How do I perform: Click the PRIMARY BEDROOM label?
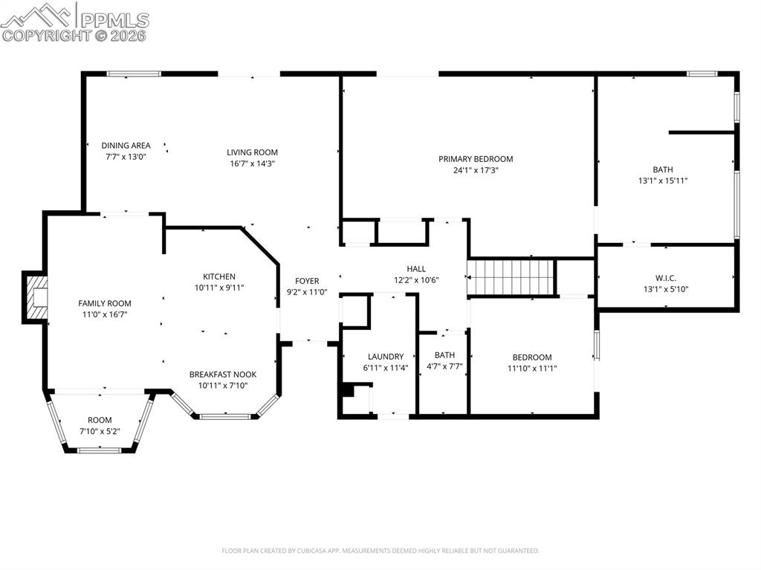click(x=476, y=159)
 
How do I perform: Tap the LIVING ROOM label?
click(x=253, y=152)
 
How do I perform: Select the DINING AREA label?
click(x=126, y=146)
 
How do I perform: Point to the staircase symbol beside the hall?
click(x=511, y=276)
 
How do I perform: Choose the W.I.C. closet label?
click(x=665, y=278)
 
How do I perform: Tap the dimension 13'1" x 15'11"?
click(x=662, y=181)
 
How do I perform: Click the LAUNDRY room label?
click(x=386, y=357)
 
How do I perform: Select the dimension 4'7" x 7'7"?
click(x=444, y=366)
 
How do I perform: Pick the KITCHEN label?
click(x=219, y=276)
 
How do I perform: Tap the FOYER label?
click(x=307, y=281)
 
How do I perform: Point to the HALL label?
click(x=416, y=269)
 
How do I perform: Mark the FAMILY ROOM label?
click(x=105, y=303)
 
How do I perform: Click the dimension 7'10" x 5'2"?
click(x=100, y=431)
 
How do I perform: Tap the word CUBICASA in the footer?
click(x=307, y=551)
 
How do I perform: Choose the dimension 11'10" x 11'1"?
click(x=532, y=368)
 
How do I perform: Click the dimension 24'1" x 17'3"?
click(x=476, y=170)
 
